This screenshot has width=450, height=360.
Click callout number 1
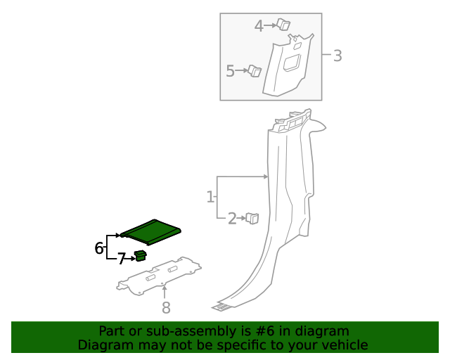(x=210, y=197)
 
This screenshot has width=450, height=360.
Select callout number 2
(x=232, y=219)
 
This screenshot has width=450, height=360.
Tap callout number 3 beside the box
(x=337, y=56)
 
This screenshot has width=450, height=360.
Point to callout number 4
(x=259, y=26)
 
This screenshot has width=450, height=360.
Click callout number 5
(x=231, y=71)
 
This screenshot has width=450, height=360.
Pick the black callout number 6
(x=99, y=247)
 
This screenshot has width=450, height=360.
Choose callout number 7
(x=121, y=259)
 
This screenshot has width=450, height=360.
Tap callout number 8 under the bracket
(x=166, y=307)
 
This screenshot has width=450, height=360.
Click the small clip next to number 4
(x=283, y=25)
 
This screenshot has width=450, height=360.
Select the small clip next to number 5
(x=255, y=70)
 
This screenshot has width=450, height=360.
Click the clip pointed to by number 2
(x=252, y=218)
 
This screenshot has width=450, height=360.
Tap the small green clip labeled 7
(x=141, y=255)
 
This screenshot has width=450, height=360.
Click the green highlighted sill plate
(x=150, y=230)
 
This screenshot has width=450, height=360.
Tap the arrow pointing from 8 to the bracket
(x=165, y=292)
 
